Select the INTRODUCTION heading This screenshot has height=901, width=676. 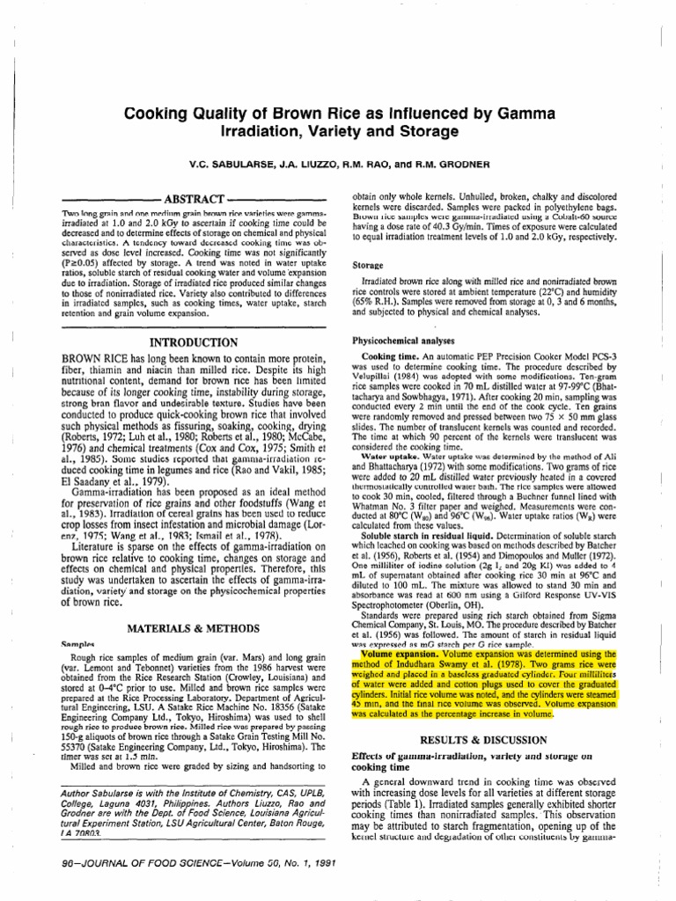point(195,342)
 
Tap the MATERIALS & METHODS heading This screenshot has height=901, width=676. point(194,605)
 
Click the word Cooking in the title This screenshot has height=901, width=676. point(154,114)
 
